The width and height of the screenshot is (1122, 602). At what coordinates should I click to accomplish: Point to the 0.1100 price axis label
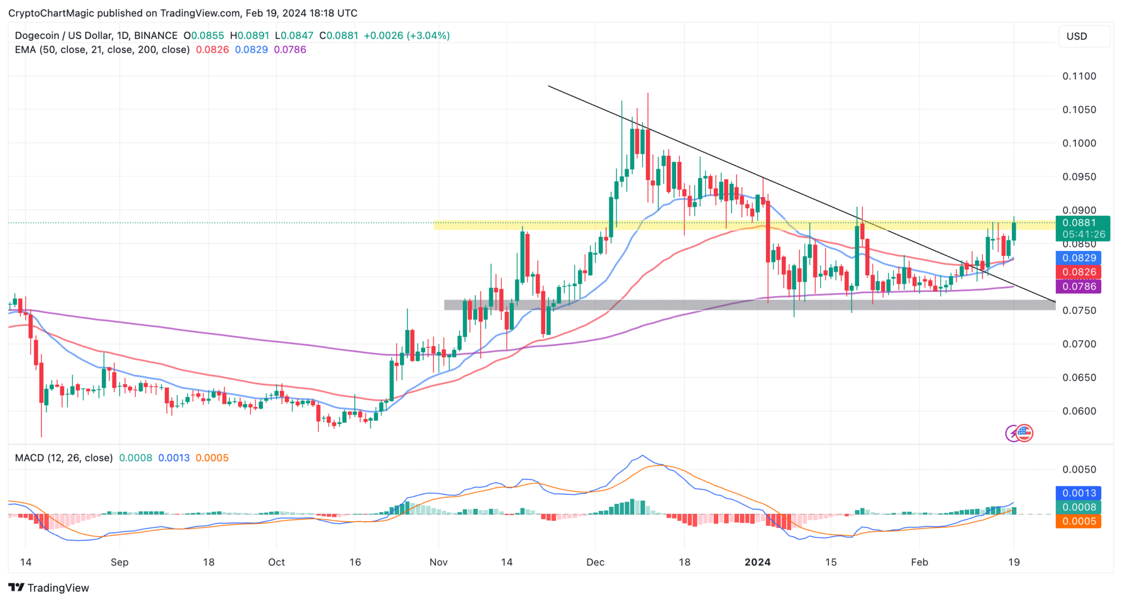(1079, 76)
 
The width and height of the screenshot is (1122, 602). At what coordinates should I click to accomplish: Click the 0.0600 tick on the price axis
(1079, 411)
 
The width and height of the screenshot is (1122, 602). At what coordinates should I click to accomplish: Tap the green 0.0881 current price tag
(1079, 222)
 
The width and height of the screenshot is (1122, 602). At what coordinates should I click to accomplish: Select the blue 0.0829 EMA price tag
(1078, 258)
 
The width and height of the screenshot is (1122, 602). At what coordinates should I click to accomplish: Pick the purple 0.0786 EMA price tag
(1078, 286)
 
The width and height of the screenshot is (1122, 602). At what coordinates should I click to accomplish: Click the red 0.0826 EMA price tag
(1078, 272)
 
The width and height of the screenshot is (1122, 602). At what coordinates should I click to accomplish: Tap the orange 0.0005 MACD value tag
(1078, 521)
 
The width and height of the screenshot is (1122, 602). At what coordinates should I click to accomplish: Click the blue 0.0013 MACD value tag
(1078, 493)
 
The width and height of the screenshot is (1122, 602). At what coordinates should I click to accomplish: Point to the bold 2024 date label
(757, 562)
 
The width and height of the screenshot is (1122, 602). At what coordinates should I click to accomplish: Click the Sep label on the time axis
(119, 562)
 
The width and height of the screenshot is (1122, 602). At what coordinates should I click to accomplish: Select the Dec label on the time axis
(595, 562)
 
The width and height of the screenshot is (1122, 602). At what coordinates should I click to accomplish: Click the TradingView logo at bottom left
(49, 588)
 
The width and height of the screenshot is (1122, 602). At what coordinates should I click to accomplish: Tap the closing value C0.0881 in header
(339, 36)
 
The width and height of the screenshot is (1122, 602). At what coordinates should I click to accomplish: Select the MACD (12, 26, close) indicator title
(64, 458)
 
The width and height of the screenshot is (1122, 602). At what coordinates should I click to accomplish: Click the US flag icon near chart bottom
(1024, 433)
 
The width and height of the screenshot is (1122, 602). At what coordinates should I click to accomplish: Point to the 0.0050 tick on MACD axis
(1079, 469)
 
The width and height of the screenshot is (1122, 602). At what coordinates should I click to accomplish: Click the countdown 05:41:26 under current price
(1083, 234)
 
